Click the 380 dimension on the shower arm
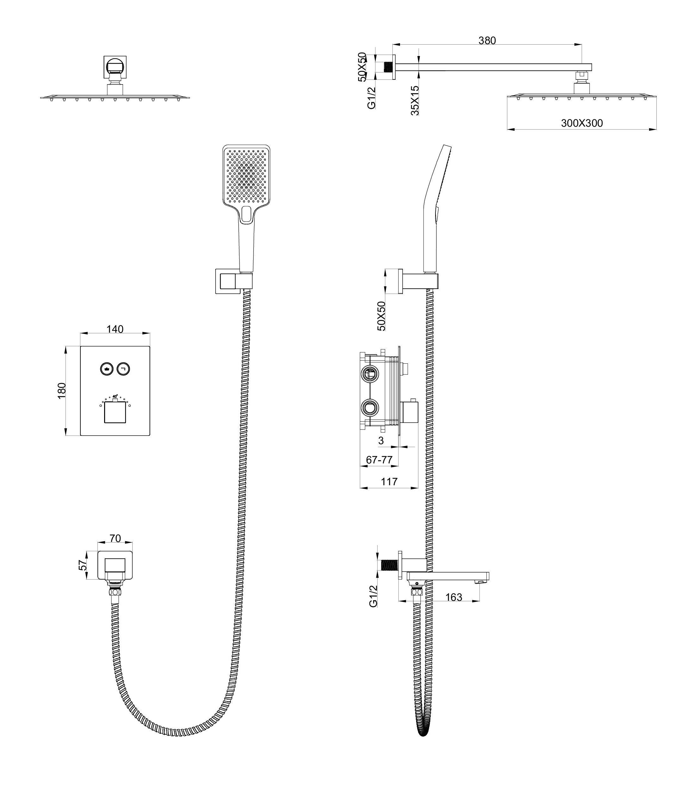(x=487, y=40)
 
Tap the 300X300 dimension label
(x=582, y=123)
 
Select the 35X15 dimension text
(x=415, y=101)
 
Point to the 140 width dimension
(x=115, y=329)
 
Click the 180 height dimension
(x=62, y=391)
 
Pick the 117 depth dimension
(x=389, y=481)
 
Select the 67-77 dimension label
(x=379, y=460)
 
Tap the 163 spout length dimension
(x=454, y=597)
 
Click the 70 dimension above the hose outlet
(x=115, y=538)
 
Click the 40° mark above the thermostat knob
(x=115, y=396)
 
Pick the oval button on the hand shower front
(x=246, y=214)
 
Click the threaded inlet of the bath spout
(x=389, y=565)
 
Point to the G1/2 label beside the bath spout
(x=373, y=596)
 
